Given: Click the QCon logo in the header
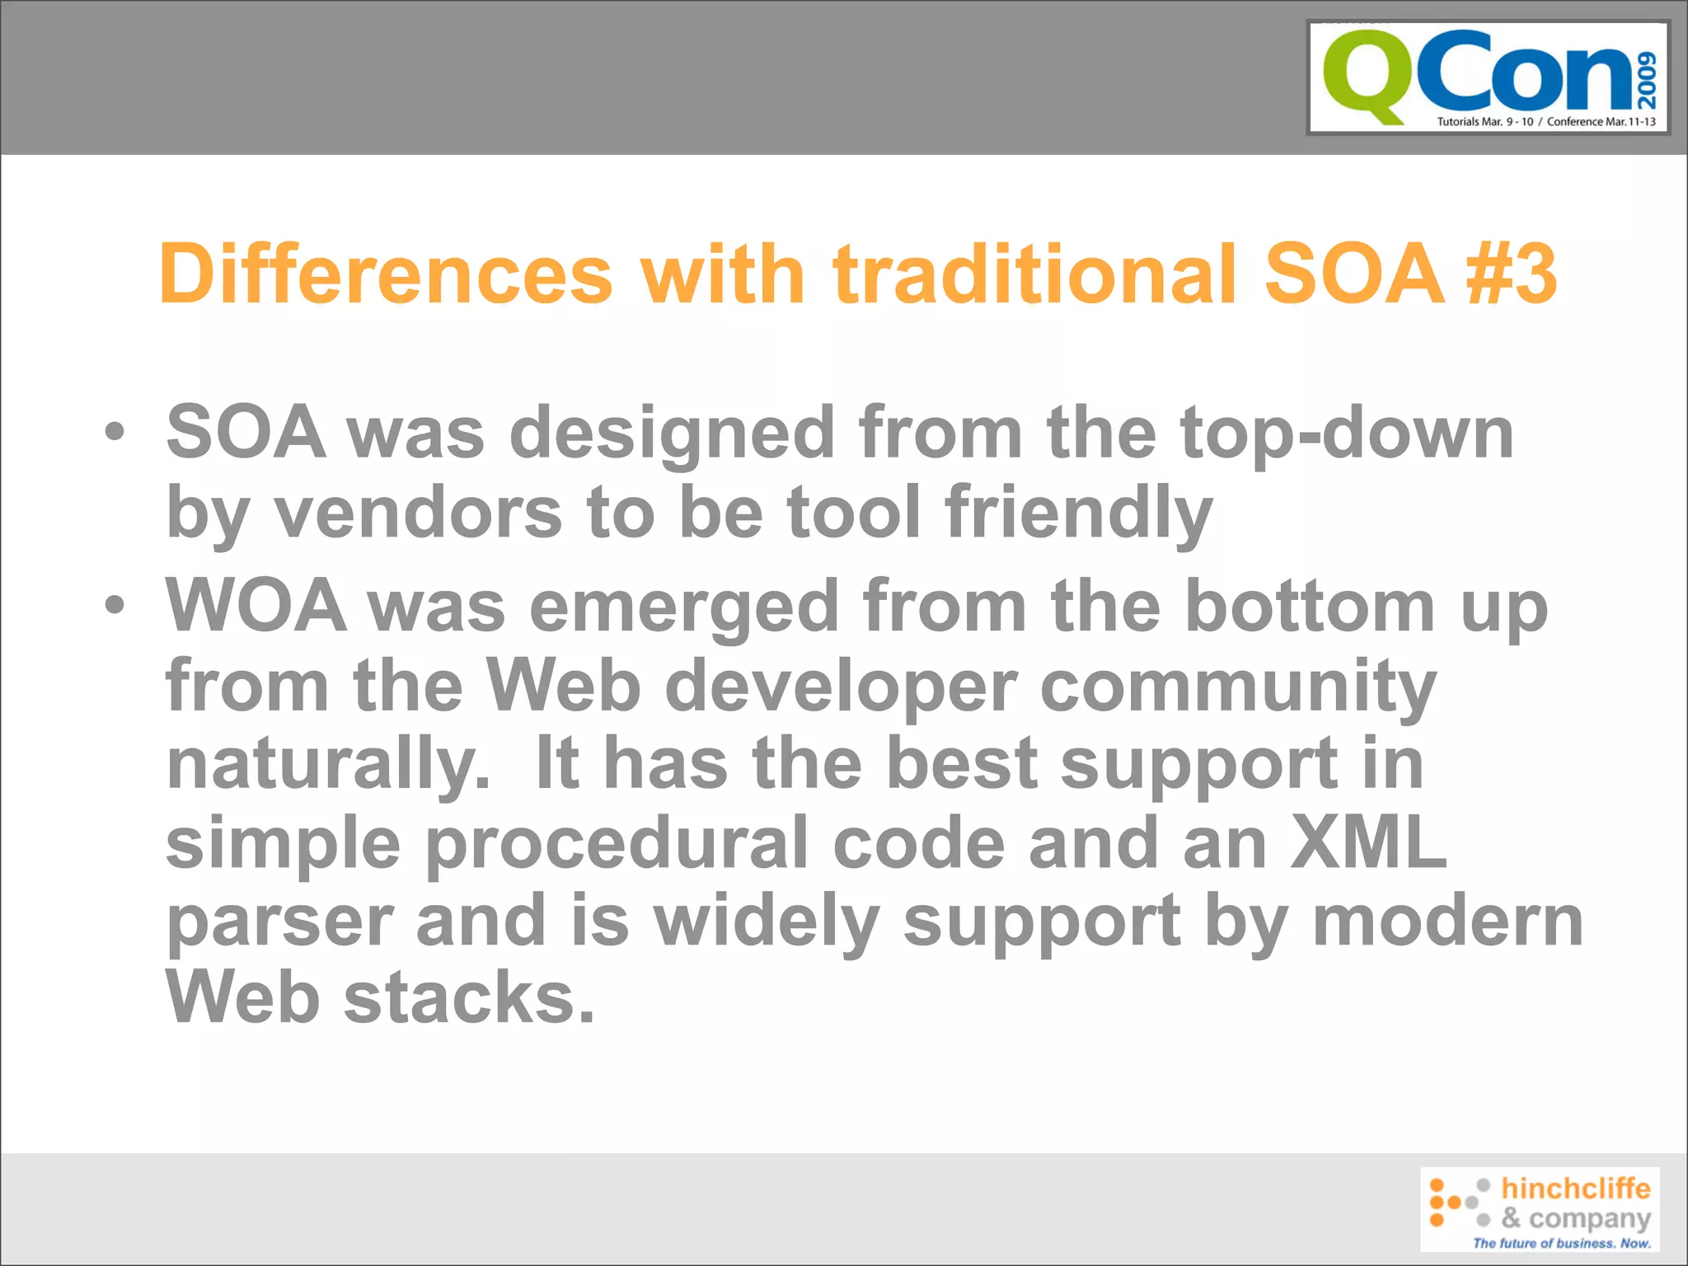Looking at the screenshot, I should click(1488, 77).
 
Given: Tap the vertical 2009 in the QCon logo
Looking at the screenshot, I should click(1647, 81).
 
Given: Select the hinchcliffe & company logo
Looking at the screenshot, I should click(1540, 1208).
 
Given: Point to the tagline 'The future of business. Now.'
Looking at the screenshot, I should click(1562, 1243).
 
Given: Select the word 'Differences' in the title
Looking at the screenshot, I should click(386, 274).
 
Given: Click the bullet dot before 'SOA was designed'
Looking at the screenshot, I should click(115, 431).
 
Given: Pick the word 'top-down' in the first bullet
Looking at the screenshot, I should click(1347, 434).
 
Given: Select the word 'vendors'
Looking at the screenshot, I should click(418, 513).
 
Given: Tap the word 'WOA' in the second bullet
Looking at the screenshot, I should click(256, 605).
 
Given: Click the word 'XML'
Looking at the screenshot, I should click(1368, 842).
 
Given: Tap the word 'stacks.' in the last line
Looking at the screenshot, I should click(468, 998).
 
